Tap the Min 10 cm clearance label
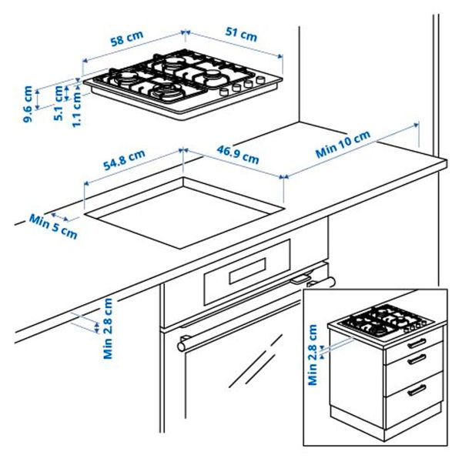coord(343,144)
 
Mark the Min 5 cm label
coord(53,224)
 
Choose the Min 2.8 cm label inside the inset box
coord(313,354)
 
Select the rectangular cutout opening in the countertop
coord(185,206)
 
